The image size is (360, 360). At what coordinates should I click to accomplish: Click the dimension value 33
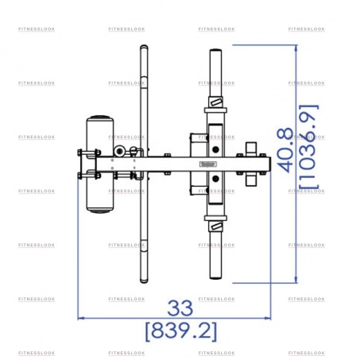180,308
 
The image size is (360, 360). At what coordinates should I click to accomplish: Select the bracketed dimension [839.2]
181,331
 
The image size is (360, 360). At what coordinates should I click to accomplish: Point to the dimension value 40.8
285,150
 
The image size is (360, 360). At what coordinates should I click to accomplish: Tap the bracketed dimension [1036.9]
309,147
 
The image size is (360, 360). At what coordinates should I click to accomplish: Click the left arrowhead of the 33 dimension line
80,318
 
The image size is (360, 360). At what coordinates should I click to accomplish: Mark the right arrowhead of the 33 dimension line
268,318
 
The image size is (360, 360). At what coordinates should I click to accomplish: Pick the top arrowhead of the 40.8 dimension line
296,48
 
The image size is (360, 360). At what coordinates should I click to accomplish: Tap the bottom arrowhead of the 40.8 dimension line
296,280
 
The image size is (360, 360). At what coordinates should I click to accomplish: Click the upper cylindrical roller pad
100,136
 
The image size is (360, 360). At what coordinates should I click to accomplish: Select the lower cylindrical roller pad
100,192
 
